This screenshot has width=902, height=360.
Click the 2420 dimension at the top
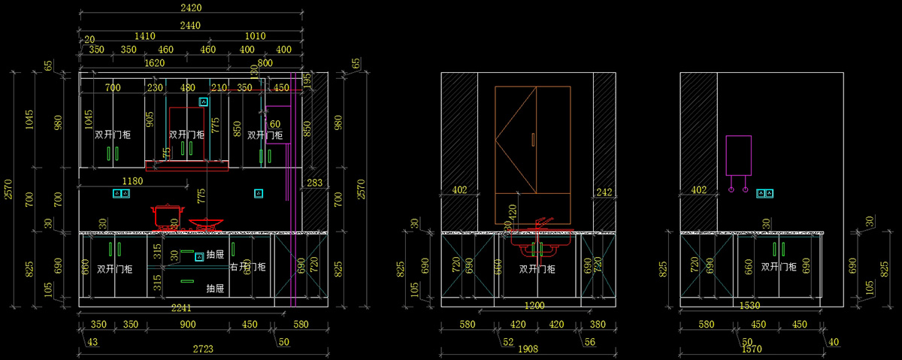[x=191, y=8]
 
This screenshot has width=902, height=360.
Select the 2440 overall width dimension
[x=191, y=25]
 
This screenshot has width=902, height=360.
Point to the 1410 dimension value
[x=144, y=36]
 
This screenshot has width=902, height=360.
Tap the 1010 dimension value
[x=256, y=36]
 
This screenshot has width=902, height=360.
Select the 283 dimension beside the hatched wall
[x=314, y=182]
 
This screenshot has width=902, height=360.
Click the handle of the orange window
[x=532, y=139]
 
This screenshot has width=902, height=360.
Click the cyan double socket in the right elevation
[x=765, y=194]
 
